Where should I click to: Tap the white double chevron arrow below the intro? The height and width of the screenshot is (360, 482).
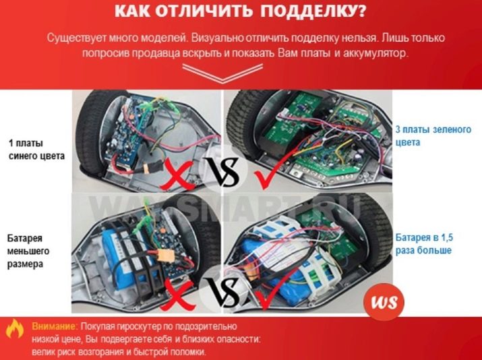(222, 73)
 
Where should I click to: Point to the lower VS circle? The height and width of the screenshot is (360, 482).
(223, 290)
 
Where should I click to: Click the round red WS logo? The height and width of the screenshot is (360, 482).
(384, 301)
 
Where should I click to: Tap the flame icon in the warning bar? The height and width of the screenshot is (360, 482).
(15, 329)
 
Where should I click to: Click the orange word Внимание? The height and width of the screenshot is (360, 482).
(54, 326)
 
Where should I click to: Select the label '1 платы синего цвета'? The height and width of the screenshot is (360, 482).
(36, 150)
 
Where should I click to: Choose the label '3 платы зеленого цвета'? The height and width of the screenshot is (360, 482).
(433, 136)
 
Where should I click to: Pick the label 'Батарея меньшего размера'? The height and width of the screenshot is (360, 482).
(28, 251)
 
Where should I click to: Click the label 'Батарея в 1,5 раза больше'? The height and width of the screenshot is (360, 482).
(424, 244)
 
